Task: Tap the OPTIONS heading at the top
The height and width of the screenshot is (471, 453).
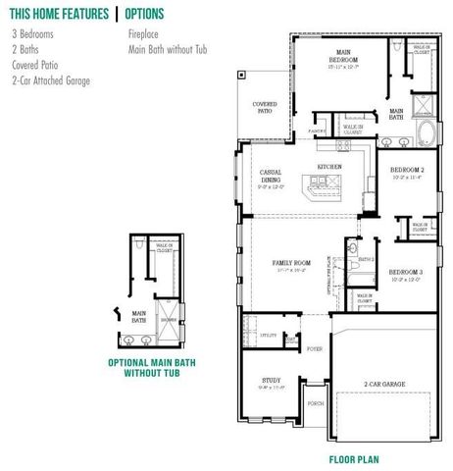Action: pyautogui.click(x=146, y=14)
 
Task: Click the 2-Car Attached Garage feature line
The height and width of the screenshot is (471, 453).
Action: pyautogui.click(x=51, y=80)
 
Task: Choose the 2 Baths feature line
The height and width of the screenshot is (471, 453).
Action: pyautogui.click(x=26, y=49)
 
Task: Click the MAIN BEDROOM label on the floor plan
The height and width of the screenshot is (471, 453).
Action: pyautogui.click(x=344, y=57)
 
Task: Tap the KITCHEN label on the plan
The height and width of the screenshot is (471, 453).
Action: pyautogui.click(x=329, y=168)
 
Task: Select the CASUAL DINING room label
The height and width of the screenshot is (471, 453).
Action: pyautogui.click(x=272, y=177)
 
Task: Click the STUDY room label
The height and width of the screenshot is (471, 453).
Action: pyautogui.click(x=271, y=380)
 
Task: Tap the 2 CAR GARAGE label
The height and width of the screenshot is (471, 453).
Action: pyautogui.click(x=383, y=384)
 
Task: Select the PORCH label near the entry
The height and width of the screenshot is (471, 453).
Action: pyautogui.click(x=315, y=402)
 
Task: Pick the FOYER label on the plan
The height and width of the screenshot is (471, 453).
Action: pyautogui.click(x=315, y=348)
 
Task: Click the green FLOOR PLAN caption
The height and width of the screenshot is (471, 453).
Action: pyautogui.click(x=354, y=458)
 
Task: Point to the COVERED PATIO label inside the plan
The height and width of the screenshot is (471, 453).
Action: pyautogui.click(x=265, y=107)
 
